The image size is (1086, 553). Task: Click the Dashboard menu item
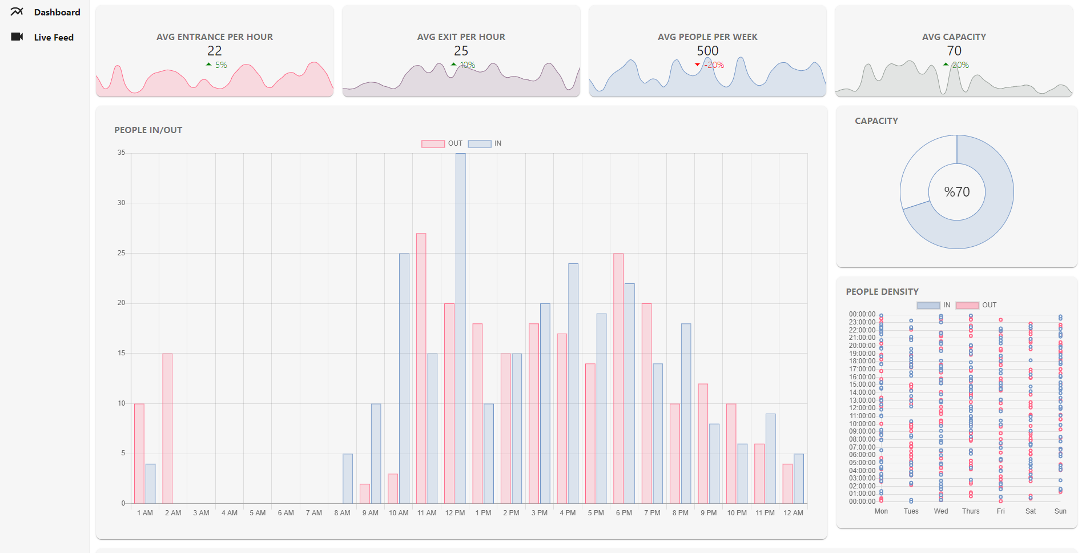[57, 12]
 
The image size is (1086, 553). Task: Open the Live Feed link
[53, 37]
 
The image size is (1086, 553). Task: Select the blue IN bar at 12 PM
[461, 328]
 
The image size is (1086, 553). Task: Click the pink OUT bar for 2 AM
[167, 428]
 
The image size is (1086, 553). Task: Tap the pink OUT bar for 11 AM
[421, 368]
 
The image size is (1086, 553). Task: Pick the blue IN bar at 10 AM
[404, 378]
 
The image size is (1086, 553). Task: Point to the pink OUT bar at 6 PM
[618, 378]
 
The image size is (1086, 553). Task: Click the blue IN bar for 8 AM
[348, 479]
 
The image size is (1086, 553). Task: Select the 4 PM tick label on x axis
[568, 513]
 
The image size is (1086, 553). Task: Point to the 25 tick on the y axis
[121, 253]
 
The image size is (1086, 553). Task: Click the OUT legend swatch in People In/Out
[433, 144]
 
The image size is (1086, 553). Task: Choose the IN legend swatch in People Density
[928, 306]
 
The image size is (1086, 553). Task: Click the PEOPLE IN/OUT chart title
[148, 130]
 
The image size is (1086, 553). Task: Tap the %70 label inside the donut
[957, 192]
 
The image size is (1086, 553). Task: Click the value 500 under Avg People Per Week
[707, 51]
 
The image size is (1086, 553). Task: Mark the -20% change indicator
[713, 65]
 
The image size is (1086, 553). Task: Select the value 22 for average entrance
[215, 51]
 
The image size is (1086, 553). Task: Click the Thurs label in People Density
[971, 511]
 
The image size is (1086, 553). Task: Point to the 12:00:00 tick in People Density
[862, 408]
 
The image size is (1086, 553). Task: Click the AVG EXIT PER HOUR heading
[461, 37]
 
